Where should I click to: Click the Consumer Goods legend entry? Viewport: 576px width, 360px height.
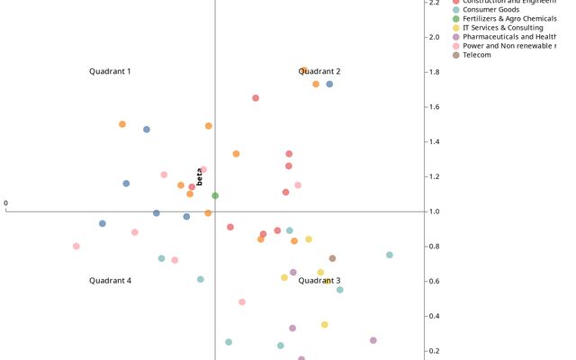coord(490,9)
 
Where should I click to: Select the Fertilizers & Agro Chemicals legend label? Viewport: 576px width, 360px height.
coord(509,18)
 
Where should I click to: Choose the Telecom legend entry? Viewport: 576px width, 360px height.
coord(477,55)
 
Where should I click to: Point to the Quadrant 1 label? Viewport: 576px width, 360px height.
coord(110,71)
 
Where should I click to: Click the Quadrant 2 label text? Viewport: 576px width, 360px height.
coord(319,71)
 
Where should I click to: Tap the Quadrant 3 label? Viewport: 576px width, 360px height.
coord(319,281)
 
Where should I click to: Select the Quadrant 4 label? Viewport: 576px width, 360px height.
coord(110,281)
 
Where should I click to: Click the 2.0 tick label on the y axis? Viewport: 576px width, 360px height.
coord(434,37)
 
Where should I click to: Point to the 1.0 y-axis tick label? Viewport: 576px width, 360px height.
coord(434,211)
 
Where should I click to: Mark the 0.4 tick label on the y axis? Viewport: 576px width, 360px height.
coord(434,316)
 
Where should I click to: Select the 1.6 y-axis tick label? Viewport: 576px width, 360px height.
coord(434,107)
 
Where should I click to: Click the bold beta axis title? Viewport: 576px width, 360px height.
coord(199,176)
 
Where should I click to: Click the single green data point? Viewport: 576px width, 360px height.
coord(215,195)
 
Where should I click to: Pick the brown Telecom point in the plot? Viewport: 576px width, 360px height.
coord(332,258)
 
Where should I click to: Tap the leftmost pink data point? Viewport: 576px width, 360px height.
coord(76,246)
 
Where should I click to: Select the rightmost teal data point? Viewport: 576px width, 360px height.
coord(390,255)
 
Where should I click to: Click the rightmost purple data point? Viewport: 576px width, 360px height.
coord(373,340)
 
